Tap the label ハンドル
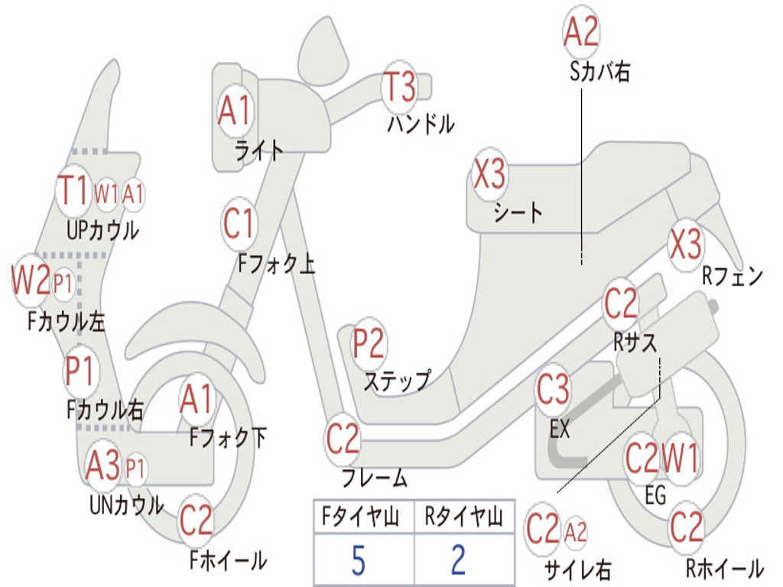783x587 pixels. [421, 124]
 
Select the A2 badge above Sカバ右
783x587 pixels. [581, 32]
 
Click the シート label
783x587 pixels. [518, 212]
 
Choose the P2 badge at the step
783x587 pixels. [369, 344]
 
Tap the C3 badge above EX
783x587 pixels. [553, 390]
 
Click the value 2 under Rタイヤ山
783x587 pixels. [458, 561]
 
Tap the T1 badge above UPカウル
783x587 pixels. [74, 189]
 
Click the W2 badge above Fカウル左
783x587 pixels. [31, 280]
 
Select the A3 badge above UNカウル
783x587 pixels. [103, 465]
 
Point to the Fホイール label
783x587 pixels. [227, 561]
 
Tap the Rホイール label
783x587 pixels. [723, 569]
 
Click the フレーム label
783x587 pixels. [375, 479]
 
